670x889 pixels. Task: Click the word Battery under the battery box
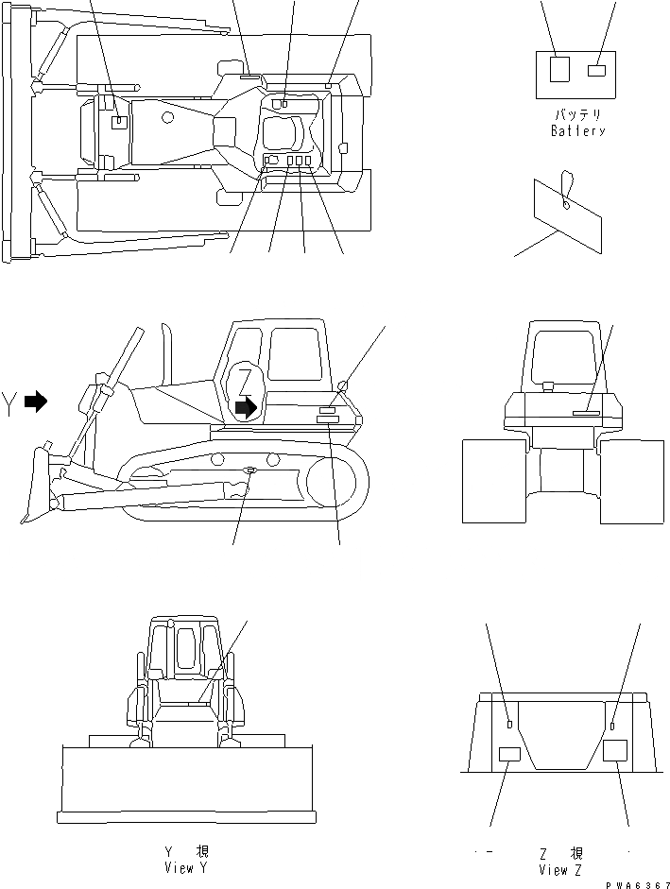[577, 131]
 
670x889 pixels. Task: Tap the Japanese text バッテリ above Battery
[577, 114]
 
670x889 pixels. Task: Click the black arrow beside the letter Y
[36, 402]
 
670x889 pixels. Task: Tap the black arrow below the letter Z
[246, 407]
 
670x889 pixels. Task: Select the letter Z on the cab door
[246, 382]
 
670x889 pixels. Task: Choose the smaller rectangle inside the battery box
[596, 70]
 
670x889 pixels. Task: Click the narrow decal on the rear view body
[585, 412]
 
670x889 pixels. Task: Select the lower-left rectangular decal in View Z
[509, 753]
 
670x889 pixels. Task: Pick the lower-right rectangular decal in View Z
[615, 751]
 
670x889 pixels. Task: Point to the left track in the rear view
[493, 481]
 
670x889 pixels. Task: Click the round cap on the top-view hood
[167, 117]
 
